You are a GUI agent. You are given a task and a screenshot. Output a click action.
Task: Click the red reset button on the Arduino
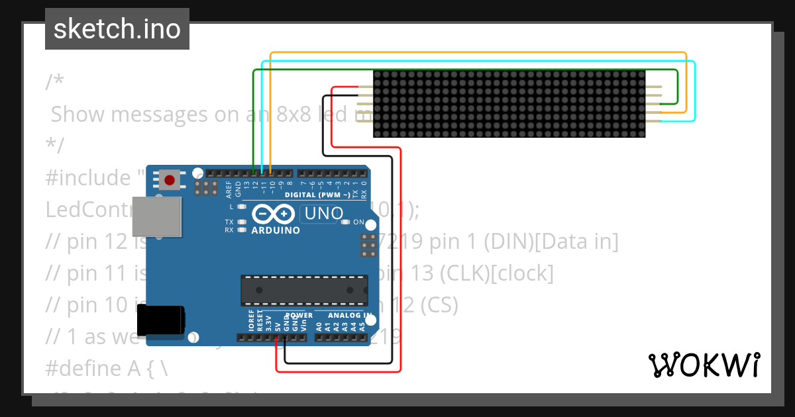tap(170, 179)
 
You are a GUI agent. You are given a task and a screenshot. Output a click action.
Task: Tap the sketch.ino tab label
tap(117, 29)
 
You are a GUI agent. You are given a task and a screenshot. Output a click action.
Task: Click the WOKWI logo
tap(704, 365)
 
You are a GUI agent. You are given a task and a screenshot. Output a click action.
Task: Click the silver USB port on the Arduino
tap(156, 216)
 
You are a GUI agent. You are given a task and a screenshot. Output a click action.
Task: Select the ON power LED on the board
tap(345, 222)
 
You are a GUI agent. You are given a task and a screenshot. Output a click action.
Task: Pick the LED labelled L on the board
tap(242, 207)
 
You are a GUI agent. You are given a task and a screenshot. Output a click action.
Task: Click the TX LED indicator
tap(242, 222)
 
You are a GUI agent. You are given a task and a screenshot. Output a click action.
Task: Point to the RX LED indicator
tap(242, 230)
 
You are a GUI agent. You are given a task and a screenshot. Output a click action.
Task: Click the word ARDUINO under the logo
tap(276, 230)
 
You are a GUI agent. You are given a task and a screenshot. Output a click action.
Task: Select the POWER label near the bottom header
tap(299, 314)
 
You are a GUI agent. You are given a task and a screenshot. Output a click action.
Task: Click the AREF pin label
tap(229, 189)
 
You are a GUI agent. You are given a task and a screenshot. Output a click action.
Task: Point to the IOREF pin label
tap(251, 321)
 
